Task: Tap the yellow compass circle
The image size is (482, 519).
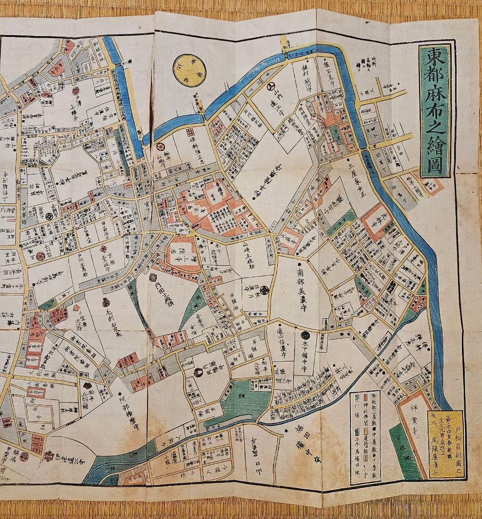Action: (189, 70)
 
